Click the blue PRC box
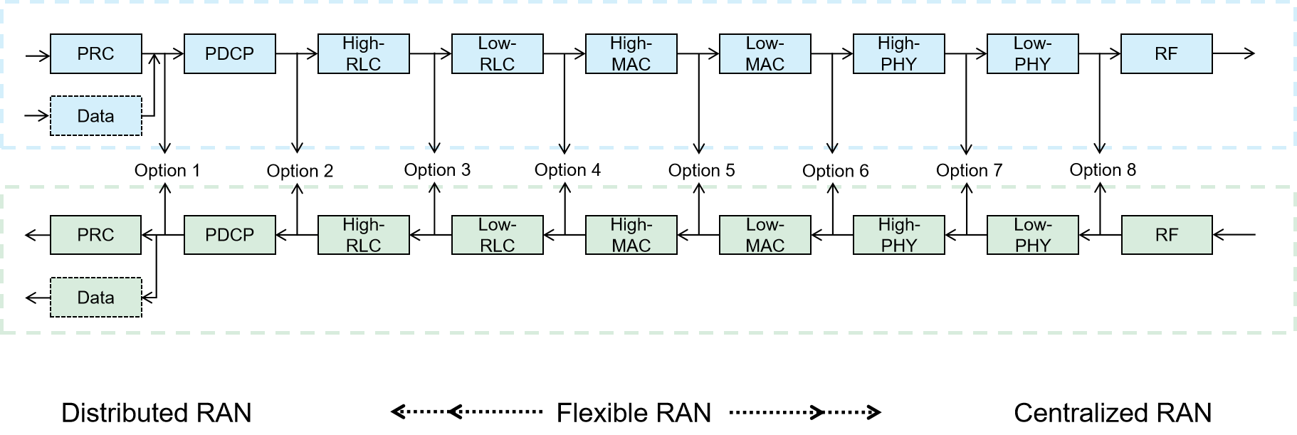[96, 54]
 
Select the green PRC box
[96, 235]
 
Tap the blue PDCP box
[229, 54]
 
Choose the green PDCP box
[229, 235]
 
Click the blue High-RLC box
[363, 54]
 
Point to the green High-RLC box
[363, 235]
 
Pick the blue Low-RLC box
[497, 54]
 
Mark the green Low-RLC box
[497, 235]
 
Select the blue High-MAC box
[631, 54]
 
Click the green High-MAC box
[631, 235]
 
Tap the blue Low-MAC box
[765, 54]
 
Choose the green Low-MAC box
[765, 235]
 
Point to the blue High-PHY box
[898, 54]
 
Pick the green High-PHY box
[898, 235]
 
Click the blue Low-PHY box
[1032, 54]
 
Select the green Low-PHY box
[1032, 235]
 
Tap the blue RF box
[1166, 54]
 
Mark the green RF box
[1166, 235]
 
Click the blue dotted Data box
[96, 116]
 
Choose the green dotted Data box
[96, 298]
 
